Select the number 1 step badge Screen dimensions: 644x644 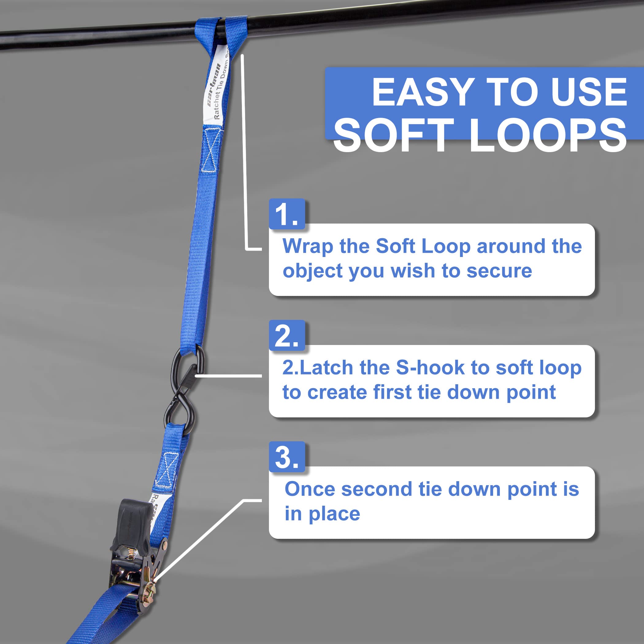coord(287,214)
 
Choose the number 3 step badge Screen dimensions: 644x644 coord(287,457)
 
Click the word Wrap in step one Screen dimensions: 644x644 coord(307,247)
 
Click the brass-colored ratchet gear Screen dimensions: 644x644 coord(150,590)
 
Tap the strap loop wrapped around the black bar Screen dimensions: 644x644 coord(220,32)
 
